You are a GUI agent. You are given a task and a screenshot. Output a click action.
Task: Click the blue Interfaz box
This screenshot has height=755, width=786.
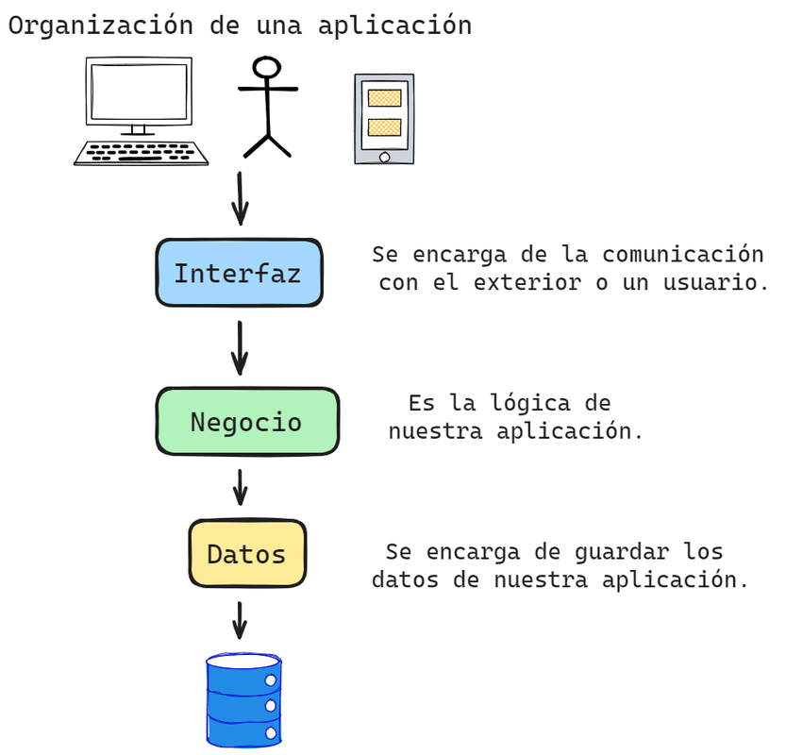coord(238,273)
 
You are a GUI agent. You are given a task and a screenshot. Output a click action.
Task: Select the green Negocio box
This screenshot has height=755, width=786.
coord(246,421)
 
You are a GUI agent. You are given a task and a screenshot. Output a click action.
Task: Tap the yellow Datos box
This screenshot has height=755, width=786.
coord(247,553)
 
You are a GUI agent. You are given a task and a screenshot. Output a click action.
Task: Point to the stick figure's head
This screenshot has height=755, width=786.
coord(267,68)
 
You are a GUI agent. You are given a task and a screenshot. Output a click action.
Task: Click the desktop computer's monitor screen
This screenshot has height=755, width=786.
coord(139,90)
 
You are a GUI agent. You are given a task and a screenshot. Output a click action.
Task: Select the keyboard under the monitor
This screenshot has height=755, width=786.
coord(142,152)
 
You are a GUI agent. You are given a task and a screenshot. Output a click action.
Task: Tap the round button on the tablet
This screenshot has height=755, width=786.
coord(384,156)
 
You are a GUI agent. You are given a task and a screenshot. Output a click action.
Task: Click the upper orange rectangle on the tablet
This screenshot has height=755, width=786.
coord(384,97)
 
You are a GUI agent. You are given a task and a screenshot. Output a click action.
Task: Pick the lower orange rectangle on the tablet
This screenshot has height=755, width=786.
coord(384,126)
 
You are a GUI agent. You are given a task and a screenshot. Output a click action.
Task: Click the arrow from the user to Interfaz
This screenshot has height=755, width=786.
coord(241,198)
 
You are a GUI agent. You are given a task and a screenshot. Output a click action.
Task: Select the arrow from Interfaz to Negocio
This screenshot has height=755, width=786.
coord(240,347)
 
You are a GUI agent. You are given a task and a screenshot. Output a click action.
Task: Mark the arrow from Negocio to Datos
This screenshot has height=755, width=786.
coord(240,487)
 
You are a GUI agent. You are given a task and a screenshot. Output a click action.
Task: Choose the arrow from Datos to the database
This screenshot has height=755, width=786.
coord(240,620)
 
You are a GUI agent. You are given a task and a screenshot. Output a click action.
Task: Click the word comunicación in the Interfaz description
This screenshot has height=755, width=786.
coord(683,255)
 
